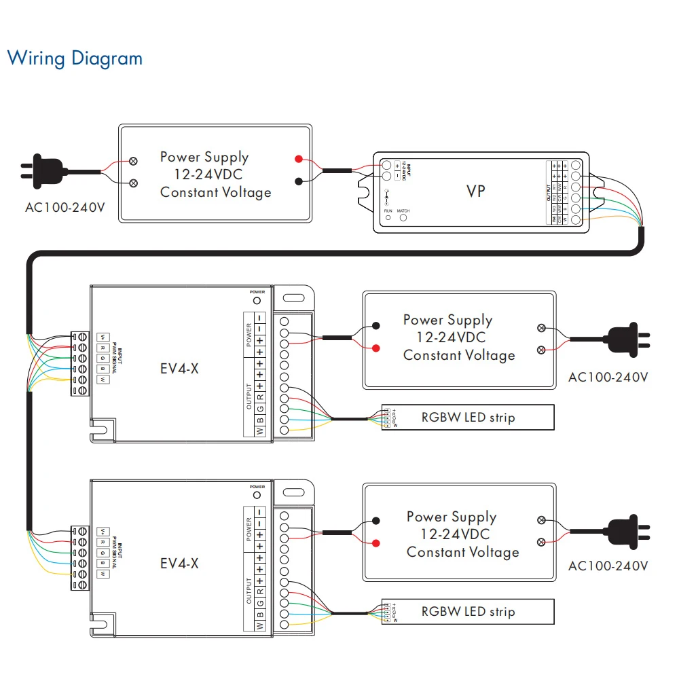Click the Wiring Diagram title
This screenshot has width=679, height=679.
75,58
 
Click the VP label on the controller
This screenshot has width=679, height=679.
476,191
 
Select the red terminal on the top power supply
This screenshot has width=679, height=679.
298,159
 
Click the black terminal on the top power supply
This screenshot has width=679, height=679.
298,181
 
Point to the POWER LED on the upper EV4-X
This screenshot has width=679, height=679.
257,300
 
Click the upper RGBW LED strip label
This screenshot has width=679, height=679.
468,417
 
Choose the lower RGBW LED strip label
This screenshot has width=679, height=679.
468,611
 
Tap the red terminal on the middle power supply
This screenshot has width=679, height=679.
375,348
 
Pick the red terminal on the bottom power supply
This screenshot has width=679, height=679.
375,543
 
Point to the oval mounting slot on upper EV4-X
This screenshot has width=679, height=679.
294,298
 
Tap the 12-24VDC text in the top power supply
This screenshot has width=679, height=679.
203,175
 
